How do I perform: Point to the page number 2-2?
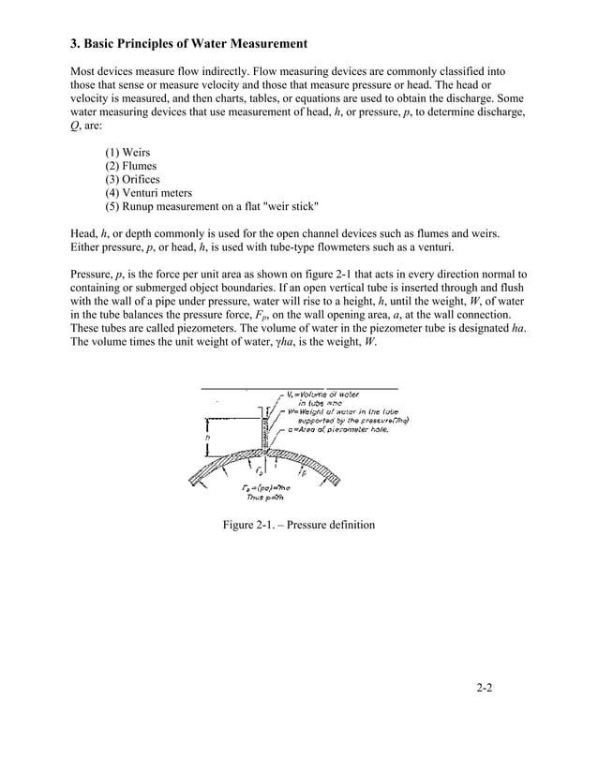484,690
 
